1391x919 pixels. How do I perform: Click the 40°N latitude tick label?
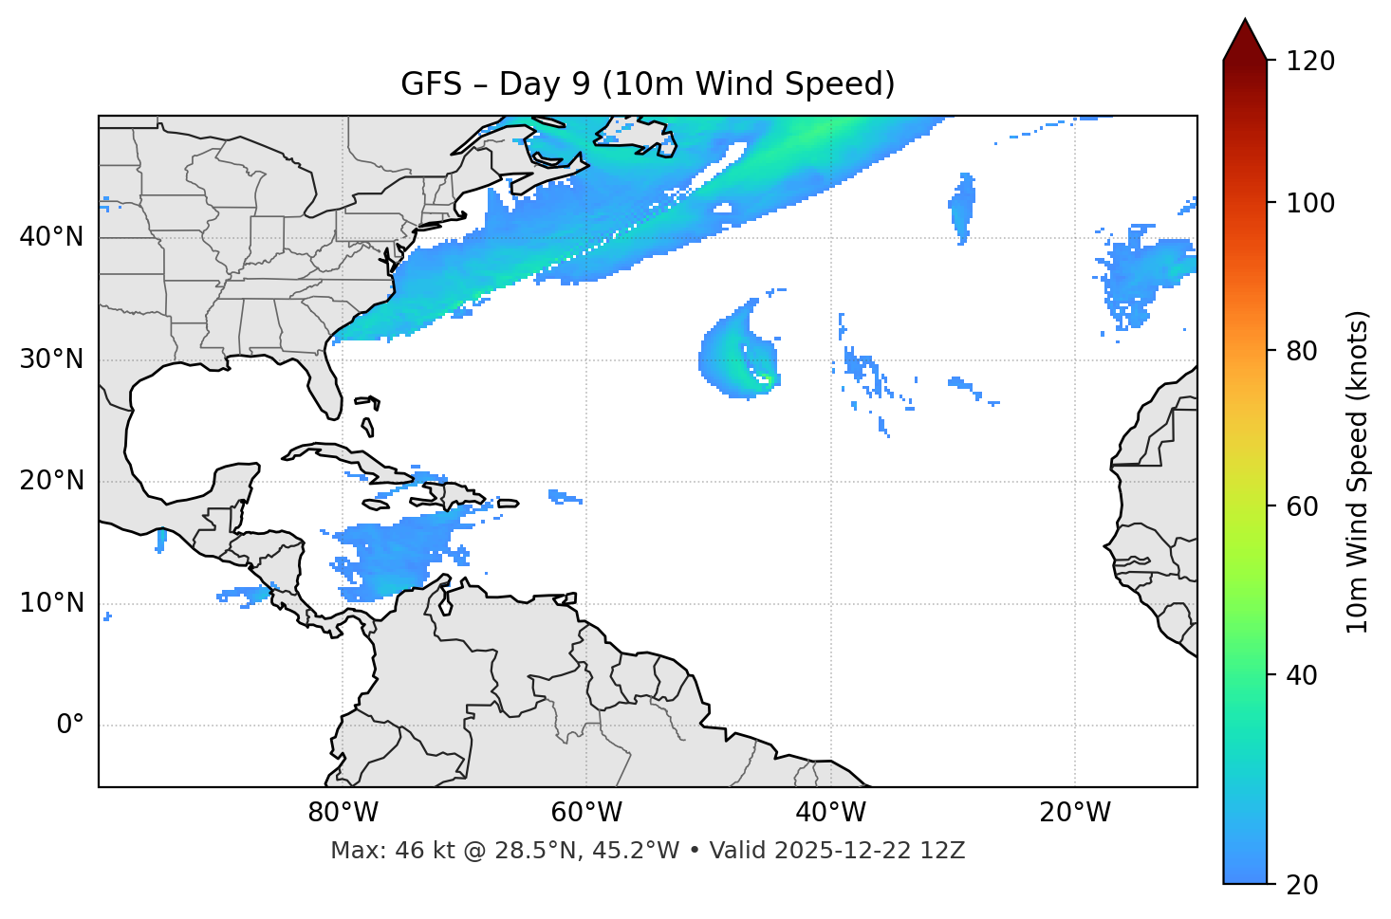coord(51,237)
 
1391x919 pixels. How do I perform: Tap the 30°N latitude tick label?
coord(51,359)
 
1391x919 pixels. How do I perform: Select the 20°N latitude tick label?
coord(51,482)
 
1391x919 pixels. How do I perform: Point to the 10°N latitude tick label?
coord(51,603)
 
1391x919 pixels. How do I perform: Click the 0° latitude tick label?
coord(70,726)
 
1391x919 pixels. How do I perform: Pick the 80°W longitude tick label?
coord(343,813)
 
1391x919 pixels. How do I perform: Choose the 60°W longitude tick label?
coord(586,813)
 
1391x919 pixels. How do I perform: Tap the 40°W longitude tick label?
coord(830,813)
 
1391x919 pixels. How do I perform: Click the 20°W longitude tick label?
coord(1074,813)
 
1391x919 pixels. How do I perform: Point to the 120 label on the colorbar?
coord(1309,62)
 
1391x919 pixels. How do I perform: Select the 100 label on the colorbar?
coord(1309,203)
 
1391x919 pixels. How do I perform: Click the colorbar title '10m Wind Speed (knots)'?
coord(1358,472)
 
